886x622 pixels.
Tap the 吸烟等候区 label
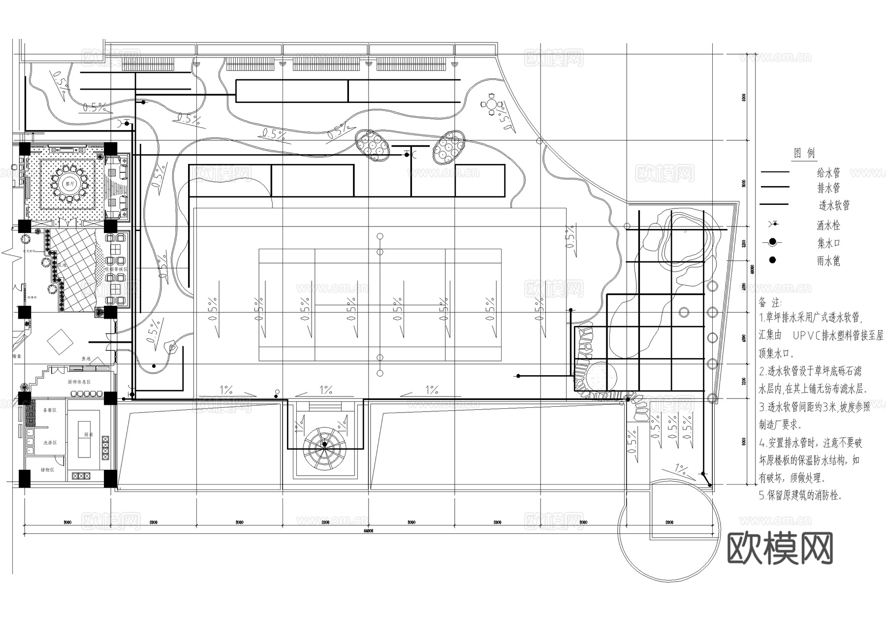point(116,269)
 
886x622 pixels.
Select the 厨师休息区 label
point(79,382)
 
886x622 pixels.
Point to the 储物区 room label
point(47,470)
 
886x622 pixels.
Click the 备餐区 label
point(50,410)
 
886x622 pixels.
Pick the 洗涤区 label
point(50,443)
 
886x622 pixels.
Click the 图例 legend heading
point(804,153)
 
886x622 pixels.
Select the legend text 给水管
point(828,173)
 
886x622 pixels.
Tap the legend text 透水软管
point(834,205)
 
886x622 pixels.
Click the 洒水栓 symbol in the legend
point(774,225)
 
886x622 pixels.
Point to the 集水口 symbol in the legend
point(773,242)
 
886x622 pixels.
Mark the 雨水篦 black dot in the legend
point(773,260)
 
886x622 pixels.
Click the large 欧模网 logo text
point(780,548)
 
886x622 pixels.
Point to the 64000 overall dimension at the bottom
point(369,531)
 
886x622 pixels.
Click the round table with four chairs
point(492,104)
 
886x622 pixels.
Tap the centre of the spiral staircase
point(324,445)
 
